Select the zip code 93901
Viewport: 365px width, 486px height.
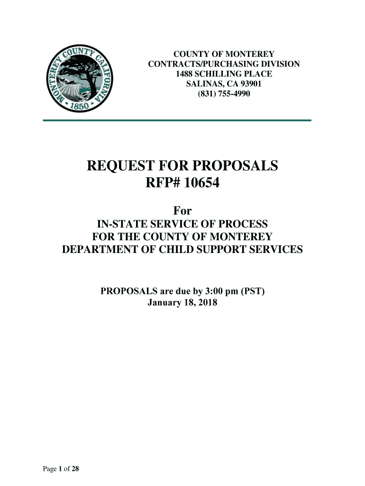(x=248, y=84)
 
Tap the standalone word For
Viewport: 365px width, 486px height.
(x=182, y=210)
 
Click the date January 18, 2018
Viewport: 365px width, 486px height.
(x=182, y=302)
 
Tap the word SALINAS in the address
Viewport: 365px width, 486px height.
(x=202, y=84)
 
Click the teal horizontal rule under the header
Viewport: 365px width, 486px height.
(x=177, y=121)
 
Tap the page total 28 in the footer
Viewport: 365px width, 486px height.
(x=75, y=469)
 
